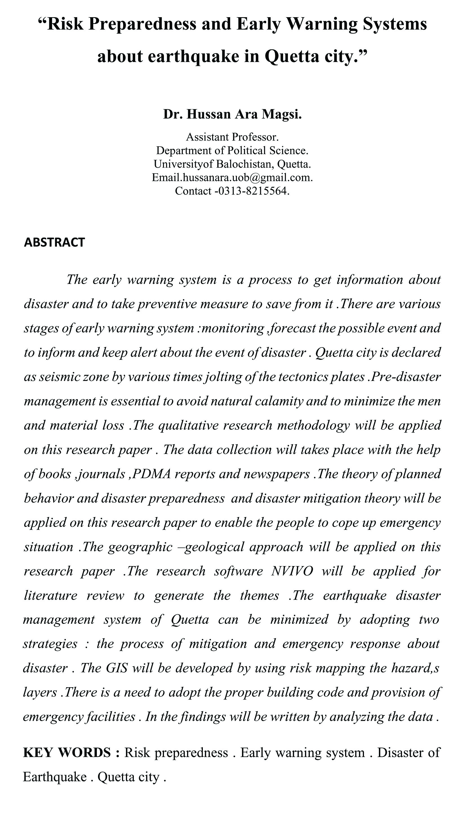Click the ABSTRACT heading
tap(54, 242)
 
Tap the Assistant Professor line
tap(232, 137)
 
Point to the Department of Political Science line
tap(232, 150)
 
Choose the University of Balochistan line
tap(232, 164)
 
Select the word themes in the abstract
tap(259, 595)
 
